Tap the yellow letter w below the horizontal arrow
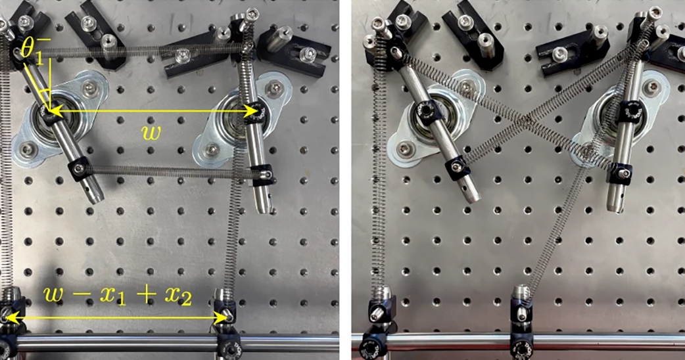[151, 132]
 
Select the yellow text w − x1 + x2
[118, 296]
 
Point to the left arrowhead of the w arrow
[53, 111]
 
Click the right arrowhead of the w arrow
[252, 111]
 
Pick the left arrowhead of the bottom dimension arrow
[9, 318]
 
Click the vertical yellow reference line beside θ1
[50, 83]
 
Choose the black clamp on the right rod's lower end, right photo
[619, 172]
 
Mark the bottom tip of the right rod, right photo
[615, 209]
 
